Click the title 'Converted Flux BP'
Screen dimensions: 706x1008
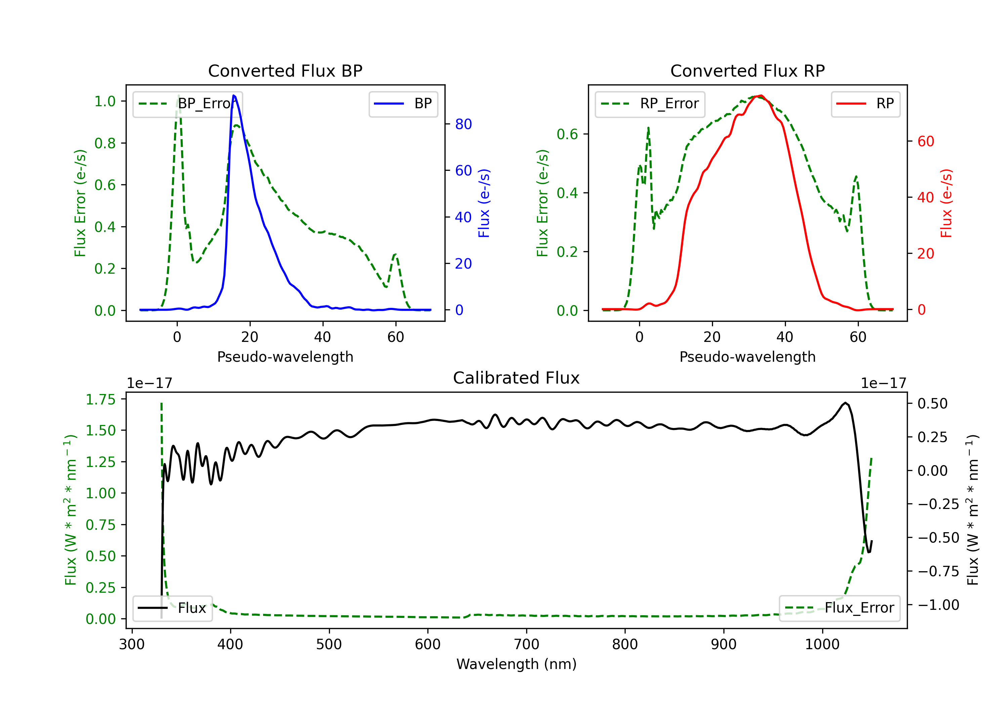[285, 71]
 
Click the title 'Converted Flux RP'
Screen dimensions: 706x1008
[747, 71]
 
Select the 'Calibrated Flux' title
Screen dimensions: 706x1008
[516, 378]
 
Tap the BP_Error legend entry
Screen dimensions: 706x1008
[188, 104]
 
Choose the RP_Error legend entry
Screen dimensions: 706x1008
[650, 104]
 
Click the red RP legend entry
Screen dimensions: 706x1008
[865, 104]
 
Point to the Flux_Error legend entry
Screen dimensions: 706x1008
[839, 608]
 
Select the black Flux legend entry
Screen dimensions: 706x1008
[173, 608]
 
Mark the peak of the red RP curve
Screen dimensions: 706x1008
[761, 95]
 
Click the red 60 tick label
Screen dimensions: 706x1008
[925, 142]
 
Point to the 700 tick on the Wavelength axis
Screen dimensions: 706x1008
[527, 644]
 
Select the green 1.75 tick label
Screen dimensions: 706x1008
[100, 399]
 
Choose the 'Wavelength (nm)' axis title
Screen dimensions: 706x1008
[516, 664]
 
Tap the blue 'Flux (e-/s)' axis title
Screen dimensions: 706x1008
[484, 203]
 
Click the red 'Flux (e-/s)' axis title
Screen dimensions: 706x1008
[946, 203]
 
